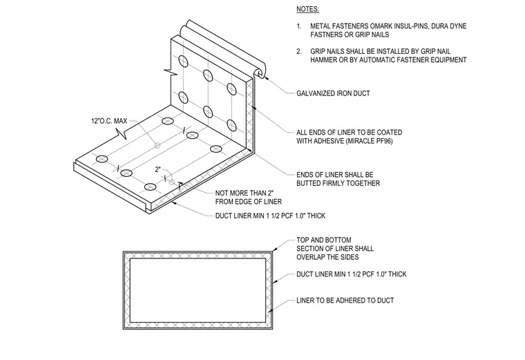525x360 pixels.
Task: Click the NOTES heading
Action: click(x=307, y=10)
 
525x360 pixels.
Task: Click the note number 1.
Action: click(x=298, y=26)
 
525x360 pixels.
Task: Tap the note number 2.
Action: click(x=298, y=51)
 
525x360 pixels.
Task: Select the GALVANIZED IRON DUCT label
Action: click(x=333, y=93)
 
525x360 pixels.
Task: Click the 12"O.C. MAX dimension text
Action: click(x=109, y=121)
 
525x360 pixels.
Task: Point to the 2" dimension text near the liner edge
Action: click(x=158, y=169)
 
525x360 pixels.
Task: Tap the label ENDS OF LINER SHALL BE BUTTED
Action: click(x=338, y=179)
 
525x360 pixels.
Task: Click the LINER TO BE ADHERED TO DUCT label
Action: click(x=345, y=301)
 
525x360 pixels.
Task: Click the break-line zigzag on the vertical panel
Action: click(x=171, y=72)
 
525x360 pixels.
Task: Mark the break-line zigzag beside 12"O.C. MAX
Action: click(x=122, y=134)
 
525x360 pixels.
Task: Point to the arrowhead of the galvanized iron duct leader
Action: click(x=267, y=78)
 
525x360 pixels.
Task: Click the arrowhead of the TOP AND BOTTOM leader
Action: click(x=275, y=249)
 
